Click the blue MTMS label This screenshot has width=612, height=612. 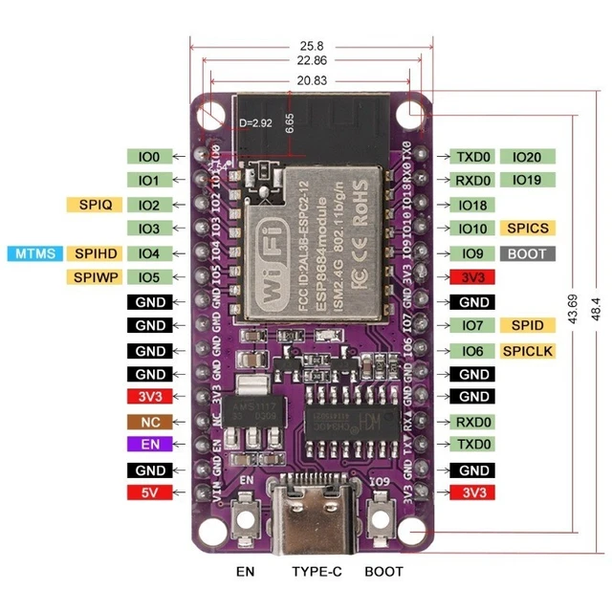(x=35, y=253)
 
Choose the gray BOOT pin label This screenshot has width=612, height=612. (x=527, y=254)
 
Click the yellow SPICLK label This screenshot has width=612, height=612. (x=528, y=351)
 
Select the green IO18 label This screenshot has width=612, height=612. (x=473, y=205)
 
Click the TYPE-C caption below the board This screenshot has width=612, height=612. (x=308, y=572)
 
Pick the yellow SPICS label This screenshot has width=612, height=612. (x=527, y=229)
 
